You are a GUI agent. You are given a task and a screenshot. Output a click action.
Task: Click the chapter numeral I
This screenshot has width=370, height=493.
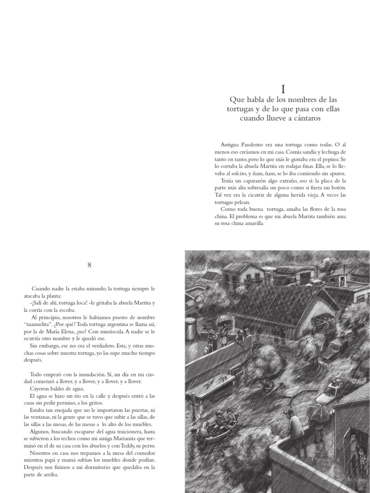pyautogui.click(x=283, y=89)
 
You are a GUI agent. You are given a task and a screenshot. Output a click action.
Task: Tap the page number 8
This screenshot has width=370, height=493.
pyautogui.click(x=90, y=264)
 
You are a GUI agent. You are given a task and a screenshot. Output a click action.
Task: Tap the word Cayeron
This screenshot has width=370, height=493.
pyautogui.click(x=43, y=389)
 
